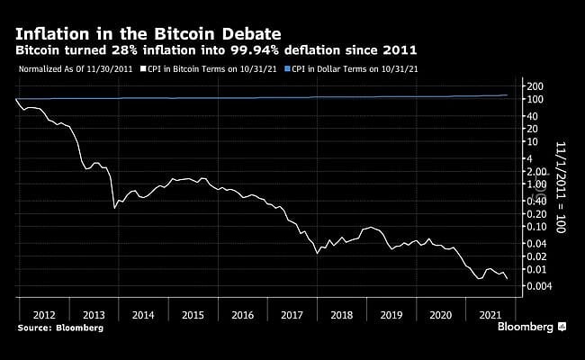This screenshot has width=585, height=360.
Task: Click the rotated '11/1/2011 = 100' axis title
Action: click(x=559, y=189)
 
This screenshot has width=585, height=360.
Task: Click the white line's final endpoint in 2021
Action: click(x=507, y=279)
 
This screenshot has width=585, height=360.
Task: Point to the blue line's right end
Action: click(x=507, y=95)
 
